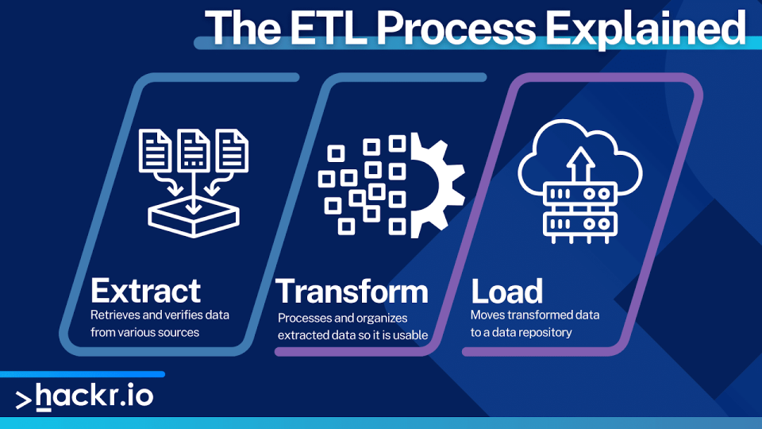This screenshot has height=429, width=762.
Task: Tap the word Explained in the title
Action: [645, 29]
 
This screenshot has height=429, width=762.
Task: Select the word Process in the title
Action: [456, 28]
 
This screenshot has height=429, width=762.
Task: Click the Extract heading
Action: [145, 291]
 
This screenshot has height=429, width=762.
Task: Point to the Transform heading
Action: [352, 291]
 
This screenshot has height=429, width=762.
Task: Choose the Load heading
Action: [506, 291]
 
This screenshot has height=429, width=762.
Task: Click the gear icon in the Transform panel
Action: [437, 185]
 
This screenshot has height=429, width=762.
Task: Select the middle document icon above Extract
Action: [194, 150]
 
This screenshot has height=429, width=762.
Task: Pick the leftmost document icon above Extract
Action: [155, 150]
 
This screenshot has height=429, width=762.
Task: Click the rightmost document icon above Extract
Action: [233, 150]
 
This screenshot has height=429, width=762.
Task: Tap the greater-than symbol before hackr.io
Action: [23, 400]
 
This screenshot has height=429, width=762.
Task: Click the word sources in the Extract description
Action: [179, 333]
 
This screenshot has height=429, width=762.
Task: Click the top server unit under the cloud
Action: [580, 194]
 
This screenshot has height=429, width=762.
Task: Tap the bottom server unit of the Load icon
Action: [580, 225]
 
